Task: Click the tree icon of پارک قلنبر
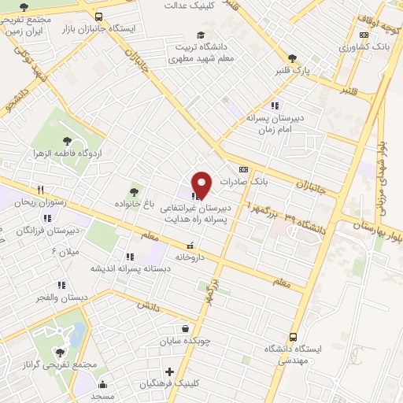tap(293, 58)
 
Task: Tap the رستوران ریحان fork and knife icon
tap(40, 190)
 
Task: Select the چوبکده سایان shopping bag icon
tap(185, 329)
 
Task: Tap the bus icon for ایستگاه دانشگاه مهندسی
tap(294, 335)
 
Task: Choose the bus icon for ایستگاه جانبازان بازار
tap(98, 16)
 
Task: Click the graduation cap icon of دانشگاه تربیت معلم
tap(201, 35)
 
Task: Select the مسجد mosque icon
tap(102, 384)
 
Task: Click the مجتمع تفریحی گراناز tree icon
tap(59, 352)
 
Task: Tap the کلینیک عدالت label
tap(190, 5)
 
